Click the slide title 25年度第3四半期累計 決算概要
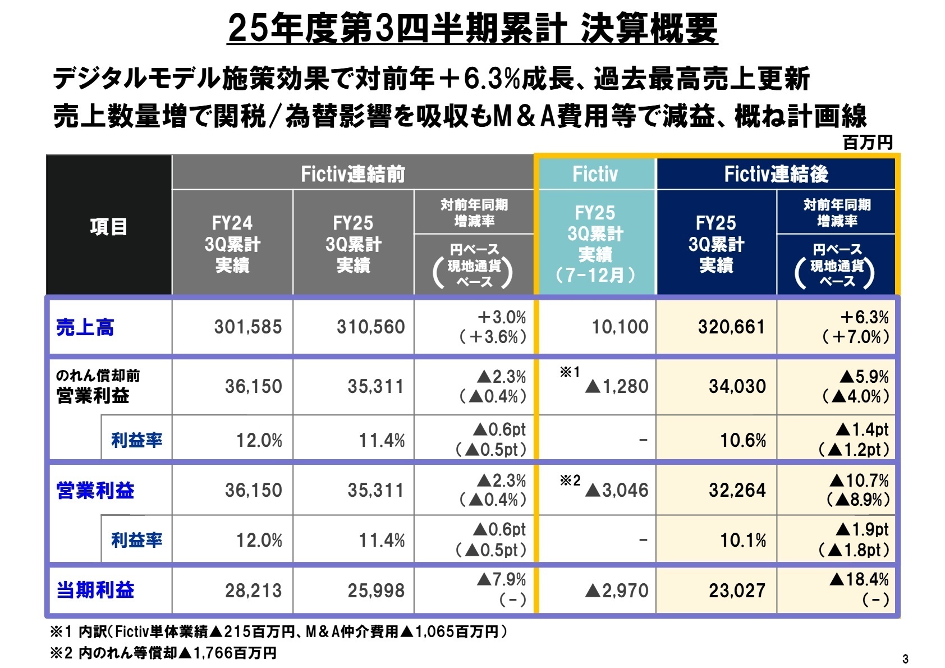point(473,28)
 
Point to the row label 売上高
point(85,327)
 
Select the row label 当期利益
point(95,590)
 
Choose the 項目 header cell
point(109,226)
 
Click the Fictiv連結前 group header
point(352,174)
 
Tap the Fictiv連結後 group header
point(776,174)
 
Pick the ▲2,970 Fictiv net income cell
point(616,591)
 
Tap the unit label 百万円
point(868,143)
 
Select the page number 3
point(905,658)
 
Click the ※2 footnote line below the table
point(163,653)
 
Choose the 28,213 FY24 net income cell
point(253,591)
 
